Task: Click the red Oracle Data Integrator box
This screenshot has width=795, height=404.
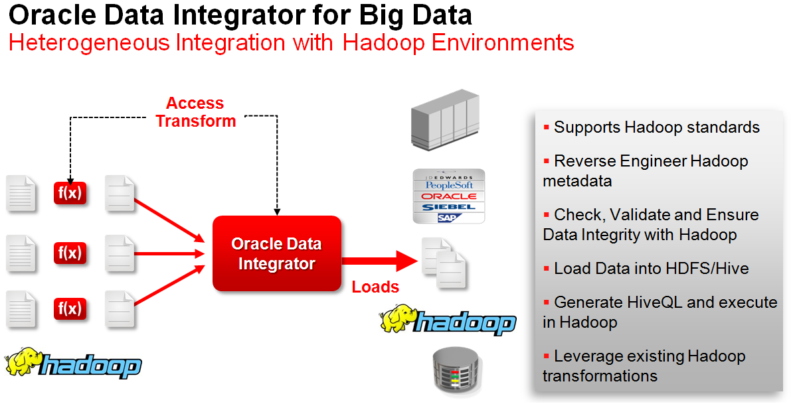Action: click(x=277, y=253)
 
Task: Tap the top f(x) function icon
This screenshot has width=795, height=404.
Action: click(x=70, y=193)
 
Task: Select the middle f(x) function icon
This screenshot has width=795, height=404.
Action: click(x=70, y=253)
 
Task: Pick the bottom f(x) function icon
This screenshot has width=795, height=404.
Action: click(x=70, y=308)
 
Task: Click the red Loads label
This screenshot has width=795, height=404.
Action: click(x=375, y=287)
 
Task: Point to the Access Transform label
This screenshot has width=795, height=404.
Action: click(x=196, y=112)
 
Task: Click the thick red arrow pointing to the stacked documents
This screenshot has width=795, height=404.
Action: click(x=380, y=261)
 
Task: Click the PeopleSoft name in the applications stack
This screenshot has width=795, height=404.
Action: click(x=449, y=185)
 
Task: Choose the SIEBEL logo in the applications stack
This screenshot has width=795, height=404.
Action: click(x=449, y=207)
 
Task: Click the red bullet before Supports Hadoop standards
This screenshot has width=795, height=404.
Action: click(x=546, y=127)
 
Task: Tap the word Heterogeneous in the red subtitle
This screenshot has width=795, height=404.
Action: click(x=89, y=43)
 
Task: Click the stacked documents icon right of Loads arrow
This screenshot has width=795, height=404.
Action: click(x=444, y=263)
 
